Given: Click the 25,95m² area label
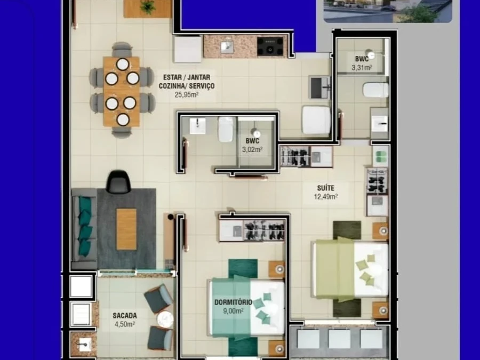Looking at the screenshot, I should (187, 95).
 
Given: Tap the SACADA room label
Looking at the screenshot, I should (125, 315).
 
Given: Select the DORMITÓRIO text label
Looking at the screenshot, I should (234, 302).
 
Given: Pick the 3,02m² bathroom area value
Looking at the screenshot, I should (252, 149).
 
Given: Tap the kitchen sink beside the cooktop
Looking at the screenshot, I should (226, 46).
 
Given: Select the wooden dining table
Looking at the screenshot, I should (122, 91).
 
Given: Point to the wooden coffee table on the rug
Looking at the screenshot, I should (126, 229).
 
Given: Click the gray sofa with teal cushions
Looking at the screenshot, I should (84, 228).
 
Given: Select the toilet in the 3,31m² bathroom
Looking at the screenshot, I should (376, 90).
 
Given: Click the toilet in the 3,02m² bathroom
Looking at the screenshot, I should (226, 129).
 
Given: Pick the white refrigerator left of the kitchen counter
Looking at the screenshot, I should (187, 49).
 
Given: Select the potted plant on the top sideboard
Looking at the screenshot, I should (147, 7).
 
